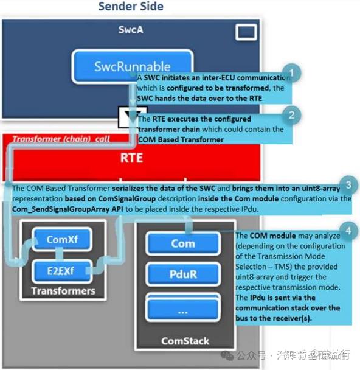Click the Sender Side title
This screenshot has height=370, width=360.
tap(131, 7)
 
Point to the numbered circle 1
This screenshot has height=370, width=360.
tap(294, 73)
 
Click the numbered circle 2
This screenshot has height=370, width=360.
tap(293, 113)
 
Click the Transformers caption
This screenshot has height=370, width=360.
tap(63, 290)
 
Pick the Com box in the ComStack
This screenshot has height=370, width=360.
tap(182, 243)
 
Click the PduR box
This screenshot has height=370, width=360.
tap(182, 274)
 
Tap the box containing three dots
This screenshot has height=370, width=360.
tap(182, 309)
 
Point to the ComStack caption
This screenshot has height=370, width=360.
tap(182, 341)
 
